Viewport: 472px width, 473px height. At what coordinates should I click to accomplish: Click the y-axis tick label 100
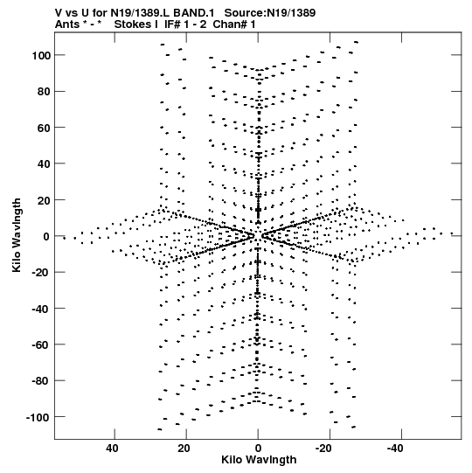coord(41,55)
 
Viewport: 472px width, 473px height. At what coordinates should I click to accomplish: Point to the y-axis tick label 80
coord(44,92)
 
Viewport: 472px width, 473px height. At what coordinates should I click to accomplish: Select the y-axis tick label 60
coord(44,128)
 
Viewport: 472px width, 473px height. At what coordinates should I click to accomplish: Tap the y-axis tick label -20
coord(41,273)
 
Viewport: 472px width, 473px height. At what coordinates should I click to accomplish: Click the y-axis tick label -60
coord(41,345)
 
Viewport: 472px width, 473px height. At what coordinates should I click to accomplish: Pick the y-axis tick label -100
coord(38,418)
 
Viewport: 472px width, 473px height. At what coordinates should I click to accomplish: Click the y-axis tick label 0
coord(46,236)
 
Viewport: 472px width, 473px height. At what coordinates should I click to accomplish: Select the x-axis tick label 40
coord(112,449)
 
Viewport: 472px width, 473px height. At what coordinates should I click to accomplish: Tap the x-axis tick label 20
coord(184,449)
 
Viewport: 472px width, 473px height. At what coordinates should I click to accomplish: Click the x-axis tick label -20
coord(324,449)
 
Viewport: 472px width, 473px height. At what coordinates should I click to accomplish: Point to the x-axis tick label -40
coord(395,449)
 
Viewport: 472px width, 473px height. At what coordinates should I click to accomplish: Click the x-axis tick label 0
coord(258,449)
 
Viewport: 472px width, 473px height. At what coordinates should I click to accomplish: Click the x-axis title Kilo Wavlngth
coord(259,460)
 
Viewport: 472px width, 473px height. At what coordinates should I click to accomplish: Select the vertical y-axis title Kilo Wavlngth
coord(17,235)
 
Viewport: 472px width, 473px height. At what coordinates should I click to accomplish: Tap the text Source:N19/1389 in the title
coord(270,13)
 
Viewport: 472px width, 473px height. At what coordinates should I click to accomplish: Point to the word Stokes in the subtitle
coord(133,24)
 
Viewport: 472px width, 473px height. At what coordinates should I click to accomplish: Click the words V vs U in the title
coord(72,13)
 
